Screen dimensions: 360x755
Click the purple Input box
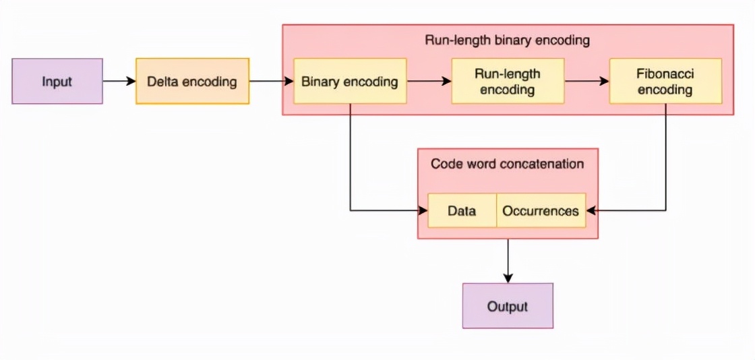57,82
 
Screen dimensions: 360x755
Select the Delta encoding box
192,82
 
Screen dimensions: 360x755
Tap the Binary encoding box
350,82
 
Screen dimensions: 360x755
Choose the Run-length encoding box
508,81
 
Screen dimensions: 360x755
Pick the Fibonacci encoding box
665,81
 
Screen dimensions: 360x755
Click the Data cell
462,211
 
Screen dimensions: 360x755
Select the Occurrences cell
541,211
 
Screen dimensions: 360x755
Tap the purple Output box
508,306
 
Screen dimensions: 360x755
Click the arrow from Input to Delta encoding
119,82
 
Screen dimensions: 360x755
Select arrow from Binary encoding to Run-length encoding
429,82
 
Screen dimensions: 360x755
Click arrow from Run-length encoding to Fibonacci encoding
586,82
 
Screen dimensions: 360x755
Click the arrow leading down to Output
508,260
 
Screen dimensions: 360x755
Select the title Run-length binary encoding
507,40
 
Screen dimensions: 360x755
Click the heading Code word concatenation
507,164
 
